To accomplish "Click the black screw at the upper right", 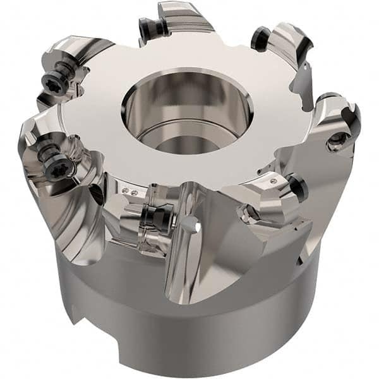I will tap(261, 39).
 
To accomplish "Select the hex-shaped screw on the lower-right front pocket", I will tap(248, 215).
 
